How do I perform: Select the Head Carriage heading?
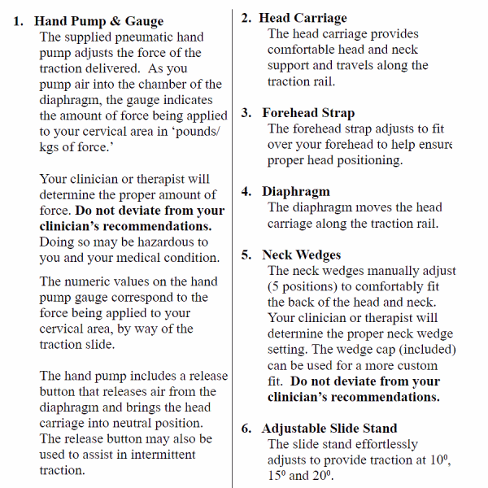point(303,18)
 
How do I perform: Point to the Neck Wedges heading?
point(301,255)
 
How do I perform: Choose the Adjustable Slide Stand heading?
point(329,429)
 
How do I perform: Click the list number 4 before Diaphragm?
point(246,192)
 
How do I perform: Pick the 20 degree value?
point(321,476)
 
